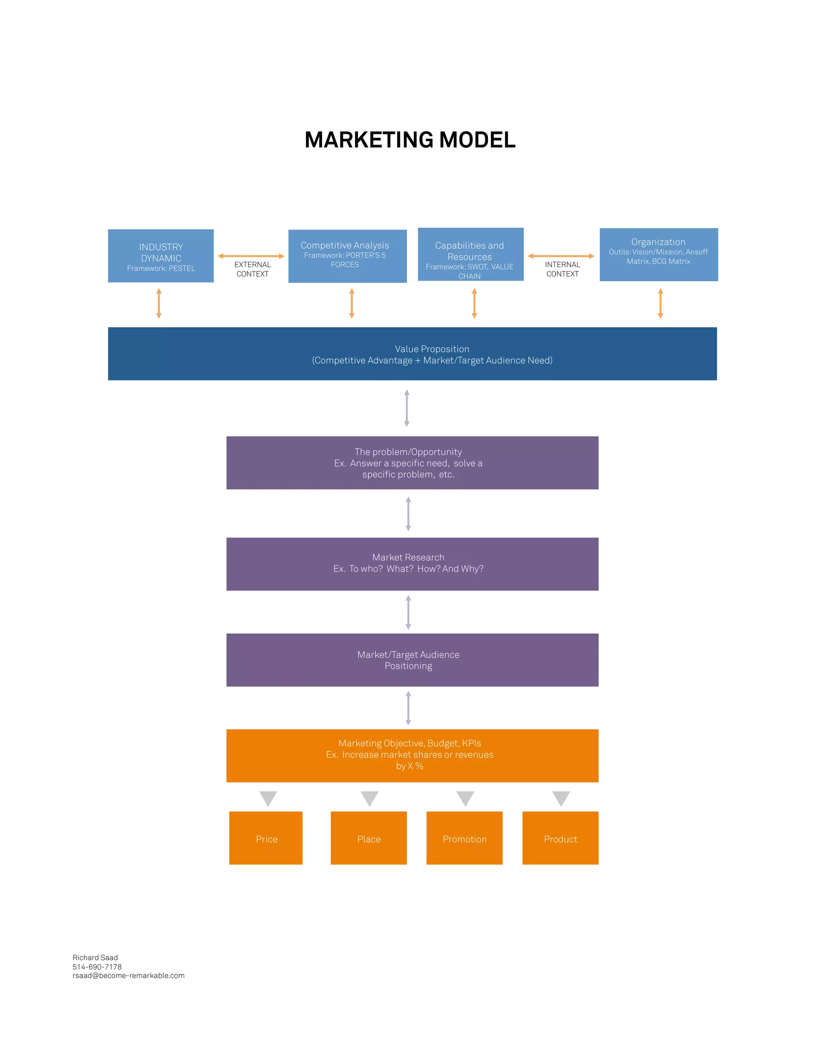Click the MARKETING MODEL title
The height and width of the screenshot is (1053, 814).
tap(410, 140)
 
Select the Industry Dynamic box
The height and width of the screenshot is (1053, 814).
tap(161, 256)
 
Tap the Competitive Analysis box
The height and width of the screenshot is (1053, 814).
tap(347, 256)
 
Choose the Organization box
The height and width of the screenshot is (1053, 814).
tap(658, 255)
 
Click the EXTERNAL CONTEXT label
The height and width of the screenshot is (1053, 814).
tap(252, 269)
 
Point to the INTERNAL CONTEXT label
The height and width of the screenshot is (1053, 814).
tap(562, 269)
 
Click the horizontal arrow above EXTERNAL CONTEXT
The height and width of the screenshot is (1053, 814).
tap(251, 256)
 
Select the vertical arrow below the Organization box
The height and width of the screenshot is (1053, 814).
tap(660, 303)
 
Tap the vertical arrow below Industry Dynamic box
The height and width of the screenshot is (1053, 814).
tap(159, 303)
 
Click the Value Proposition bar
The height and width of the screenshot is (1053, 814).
tap(412, 354)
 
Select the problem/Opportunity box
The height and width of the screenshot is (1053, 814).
tap(412, 463)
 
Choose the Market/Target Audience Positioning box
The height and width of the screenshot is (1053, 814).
tap(412, 660)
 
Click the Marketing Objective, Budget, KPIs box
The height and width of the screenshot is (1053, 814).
tap(412, 755)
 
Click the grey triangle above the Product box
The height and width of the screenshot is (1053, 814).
tap(561, 797)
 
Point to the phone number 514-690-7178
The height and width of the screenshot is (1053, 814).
tap(97, 967)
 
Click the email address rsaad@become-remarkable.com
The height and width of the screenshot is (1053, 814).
tap(128, 976)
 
